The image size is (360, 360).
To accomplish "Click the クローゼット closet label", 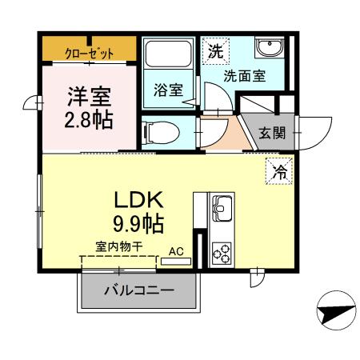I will tap(89, 54).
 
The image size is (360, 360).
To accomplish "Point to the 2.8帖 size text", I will tap(88, 121).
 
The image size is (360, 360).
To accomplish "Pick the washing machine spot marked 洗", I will tap(216, 52).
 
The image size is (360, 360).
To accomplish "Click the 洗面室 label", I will tap(244, 78).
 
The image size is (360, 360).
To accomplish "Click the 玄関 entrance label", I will tap(272, 133).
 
